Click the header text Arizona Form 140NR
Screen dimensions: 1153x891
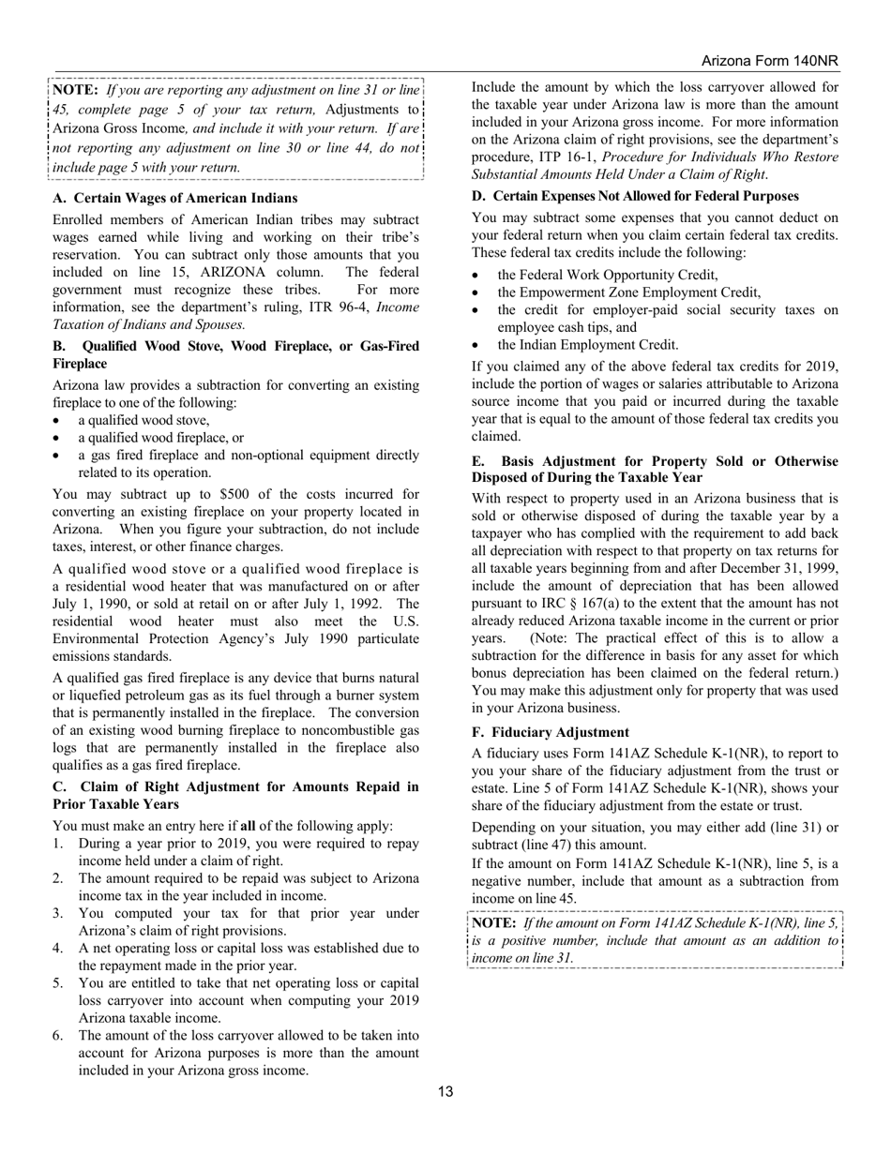(769, 61)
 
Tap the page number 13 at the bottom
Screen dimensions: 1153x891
(445, 1091)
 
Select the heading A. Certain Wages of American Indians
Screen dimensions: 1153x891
(175, 198)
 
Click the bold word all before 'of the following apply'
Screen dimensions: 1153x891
(249, 826)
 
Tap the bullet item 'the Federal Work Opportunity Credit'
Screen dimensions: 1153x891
(608, 275)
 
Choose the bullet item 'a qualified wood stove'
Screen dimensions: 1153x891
(143, 420)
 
